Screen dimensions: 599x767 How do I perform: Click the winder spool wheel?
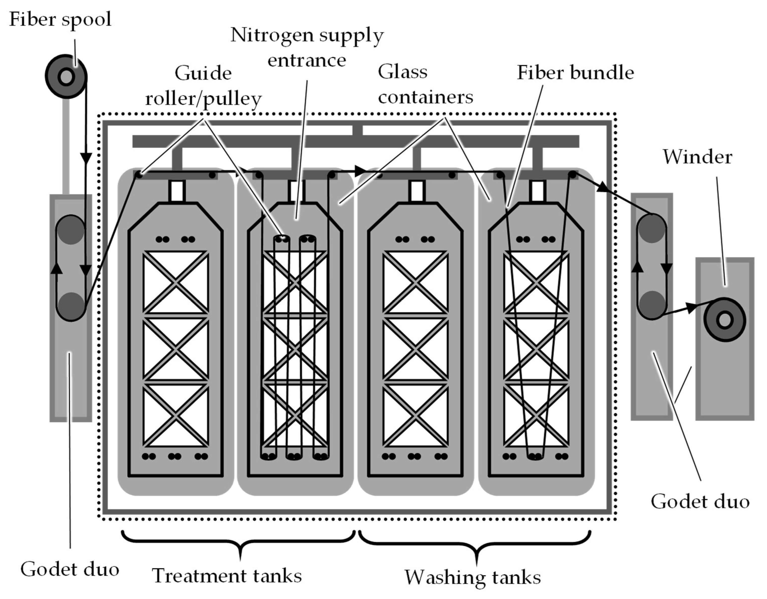click(724, 319)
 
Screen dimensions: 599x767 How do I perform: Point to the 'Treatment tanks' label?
click(227, 576)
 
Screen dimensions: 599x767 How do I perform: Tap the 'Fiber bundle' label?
click(575, 73)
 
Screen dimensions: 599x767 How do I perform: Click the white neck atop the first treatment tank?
click(176, 191)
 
